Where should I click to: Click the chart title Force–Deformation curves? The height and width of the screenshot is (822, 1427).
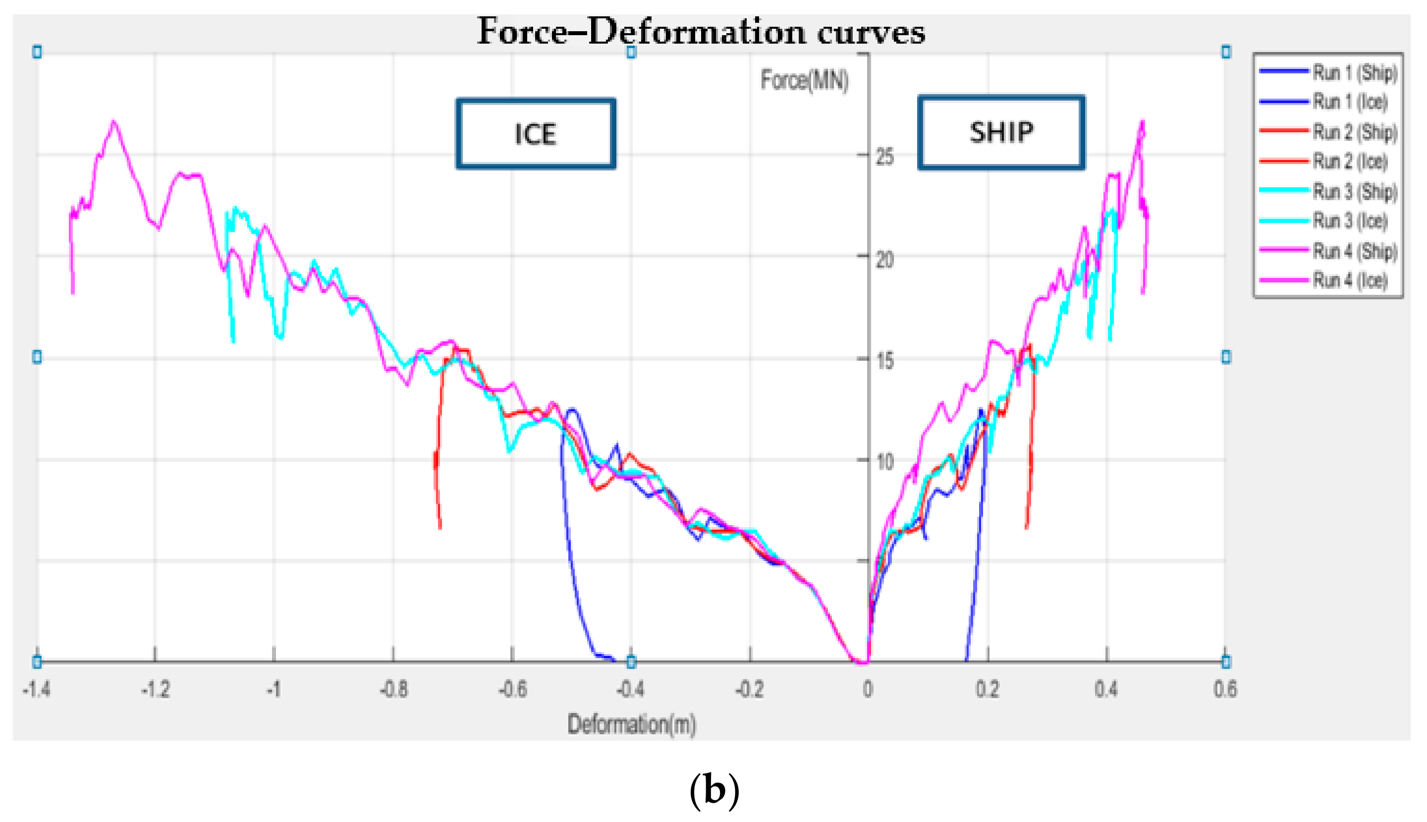tap(701, 32)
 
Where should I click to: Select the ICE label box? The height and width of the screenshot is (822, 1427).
tap(535, 134)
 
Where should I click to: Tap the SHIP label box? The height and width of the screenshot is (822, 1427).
tap(1001, 132)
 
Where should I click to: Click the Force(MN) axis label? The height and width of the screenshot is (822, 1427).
tap(804, 80)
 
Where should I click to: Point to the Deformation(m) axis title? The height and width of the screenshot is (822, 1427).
tap(631, 724)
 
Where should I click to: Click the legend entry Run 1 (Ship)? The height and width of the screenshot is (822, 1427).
tap(1354, 72)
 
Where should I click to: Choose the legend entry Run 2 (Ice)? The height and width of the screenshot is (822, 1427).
tap(1350, 162)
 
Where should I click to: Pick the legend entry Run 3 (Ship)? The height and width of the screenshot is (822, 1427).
tap(1354, 191)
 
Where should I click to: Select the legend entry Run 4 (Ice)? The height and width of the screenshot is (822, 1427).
tap(1350, 280)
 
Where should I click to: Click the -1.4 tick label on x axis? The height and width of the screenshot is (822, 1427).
tap(37, 689)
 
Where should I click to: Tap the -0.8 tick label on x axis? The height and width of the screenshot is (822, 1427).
tap(393, 689)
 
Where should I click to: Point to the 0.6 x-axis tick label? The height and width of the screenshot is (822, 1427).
tap(1225, 689)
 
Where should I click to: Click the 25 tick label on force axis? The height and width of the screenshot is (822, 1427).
tap(884, 157)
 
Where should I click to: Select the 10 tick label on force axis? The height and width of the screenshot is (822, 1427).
tap(884, 462)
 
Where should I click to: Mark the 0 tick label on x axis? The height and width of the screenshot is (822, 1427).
tap(868, 689)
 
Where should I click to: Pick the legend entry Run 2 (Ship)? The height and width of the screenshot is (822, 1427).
tap(1354, 132)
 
